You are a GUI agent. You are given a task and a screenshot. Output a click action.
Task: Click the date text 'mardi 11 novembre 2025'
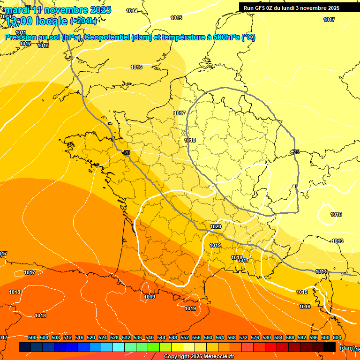(x=58, y=10)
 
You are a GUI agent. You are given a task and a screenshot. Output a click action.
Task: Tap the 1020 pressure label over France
(x=216, y=226)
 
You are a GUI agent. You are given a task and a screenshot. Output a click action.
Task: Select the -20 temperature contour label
(x=126, y=153)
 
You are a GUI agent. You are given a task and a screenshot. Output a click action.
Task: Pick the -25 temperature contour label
(x=295, y=152)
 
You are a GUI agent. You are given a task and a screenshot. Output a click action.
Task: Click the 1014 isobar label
(x=132, y=11)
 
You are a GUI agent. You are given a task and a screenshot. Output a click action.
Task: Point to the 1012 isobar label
(x=25, y=44)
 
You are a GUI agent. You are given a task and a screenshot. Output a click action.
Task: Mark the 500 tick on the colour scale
(x=32, y=337)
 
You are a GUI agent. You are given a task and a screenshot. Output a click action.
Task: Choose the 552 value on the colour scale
(x=185, y=337)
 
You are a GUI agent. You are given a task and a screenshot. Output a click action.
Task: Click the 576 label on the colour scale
(x=255, y=337)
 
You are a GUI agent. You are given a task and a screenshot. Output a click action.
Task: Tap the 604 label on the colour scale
(x=337, y=337)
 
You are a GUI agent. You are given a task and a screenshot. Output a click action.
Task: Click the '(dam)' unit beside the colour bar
(x=347, y=348)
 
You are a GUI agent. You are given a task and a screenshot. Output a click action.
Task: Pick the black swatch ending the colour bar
(x=330, y=347)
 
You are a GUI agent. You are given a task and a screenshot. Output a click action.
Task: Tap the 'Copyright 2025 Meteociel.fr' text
(x=199, y=357)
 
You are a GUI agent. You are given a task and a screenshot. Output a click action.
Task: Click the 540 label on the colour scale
(x=150, y=337)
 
